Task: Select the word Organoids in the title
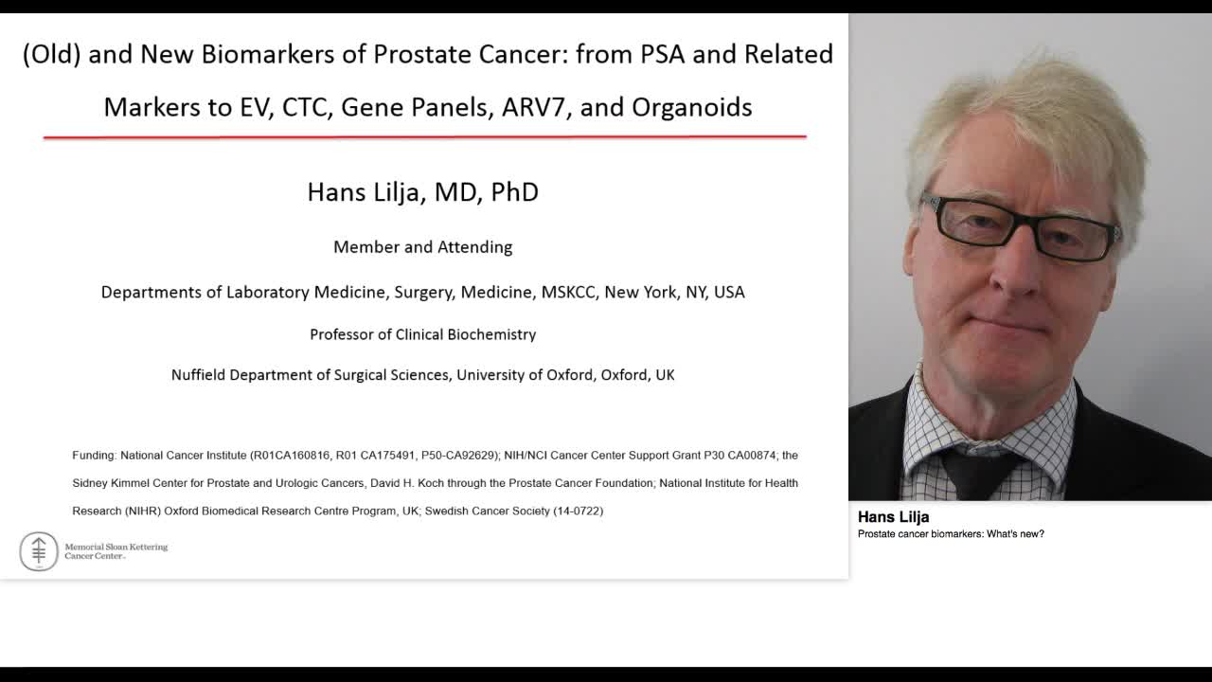tap(691, 107)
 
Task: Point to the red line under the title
tap(424, 137)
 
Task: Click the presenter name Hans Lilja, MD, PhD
tap(422, 192)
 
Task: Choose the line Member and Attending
tap(422, 247)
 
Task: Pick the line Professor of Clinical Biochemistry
tap(422, 334)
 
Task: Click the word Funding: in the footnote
tap(94, 456)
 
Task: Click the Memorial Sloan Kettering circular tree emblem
tap(39, 550)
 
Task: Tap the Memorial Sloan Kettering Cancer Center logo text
tap(116, 551)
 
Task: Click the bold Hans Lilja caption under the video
tap(893, 517)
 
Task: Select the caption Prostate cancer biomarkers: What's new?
tap(951, 534)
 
